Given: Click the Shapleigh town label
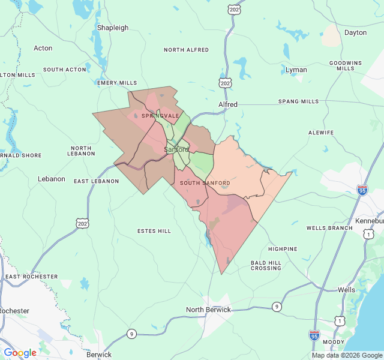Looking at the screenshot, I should tap(113, 28).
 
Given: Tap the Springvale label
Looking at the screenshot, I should tap(160, 115).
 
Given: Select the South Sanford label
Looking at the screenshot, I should tap(205, 182).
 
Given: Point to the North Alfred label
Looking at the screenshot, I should tap(186, 50).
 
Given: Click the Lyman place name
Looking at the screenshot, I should tap(296, 70).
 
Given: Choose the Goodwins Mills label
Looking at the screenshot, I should tap(345, 65).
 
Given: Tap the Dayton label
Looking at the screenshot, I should tap(355, 32).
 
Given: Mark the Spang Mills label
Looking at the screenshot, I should tap(299, 101).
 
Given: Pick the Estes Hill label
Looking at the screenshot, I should tap(154, 231).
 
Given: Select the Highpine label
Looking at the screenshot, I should tap(283, 248).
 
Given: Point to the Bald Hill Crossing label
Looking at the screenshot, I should tap(266, 264).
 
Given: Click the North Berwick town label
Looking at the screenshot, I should tap(208, 310).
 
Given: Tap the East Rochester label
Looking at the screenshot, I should tap(32, 277).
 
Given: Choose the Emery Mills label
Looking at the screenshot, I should tap(117, 83).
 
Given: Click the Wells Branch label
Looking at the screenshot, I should tap(329, 228).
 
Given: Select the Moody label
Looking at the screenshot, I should tap(334, 342).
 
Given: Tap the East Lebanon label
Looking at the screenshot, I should tap(97, 181).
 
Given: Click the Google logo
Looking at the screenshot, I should tap(20, 353).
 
